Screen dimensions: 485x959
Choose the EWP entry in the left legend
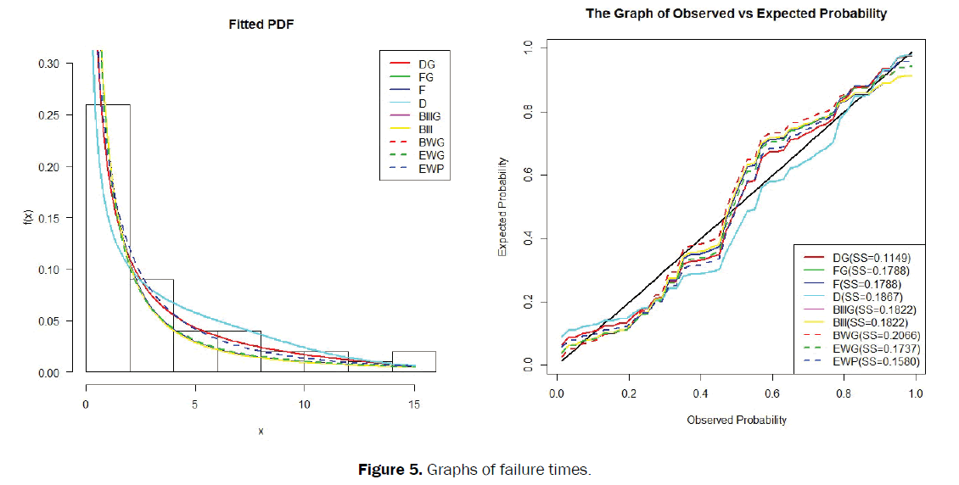(429, 170)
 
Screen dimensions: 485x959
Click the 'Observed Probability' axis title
(736, 420)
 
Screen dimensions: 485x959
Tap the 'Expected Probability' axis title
(502, 207)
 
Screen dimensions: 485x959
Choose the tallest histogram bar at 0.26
(108, 237)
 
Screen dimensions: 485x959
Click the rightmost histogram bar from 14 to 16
(413, 361)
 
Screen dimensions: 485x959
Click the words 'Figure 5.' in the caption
(394, 470)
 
